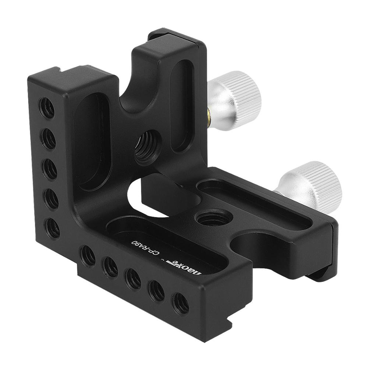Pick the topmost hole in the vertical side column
pos(47,107)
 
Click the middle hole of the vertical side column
pos(49,169)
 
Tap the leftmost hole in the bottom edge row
pos(88,255)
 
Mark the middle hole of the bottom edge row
pos(133,279)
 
